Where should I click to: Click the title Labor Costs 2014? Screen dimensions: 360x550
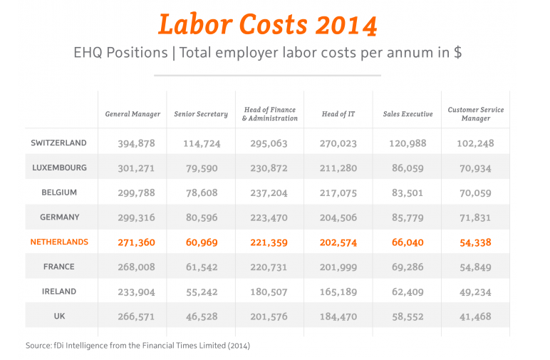(267, 24)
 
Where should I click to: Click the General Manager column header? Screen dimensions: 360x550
(133, 114)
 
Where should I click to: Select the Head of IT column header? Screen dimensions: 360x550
(338, 114)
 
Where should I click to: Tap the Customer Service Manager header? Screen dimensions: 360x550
(475, 114)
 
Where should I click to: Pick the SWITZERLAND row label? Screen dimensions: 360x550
(58, 143)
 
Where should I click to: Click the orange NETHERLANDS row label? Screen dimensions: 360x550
(59, 242)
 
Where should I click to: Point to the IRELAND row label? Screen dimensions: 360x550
(59, 292)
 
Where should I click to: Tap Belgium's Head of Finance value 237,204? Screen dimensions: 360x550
(269, 193)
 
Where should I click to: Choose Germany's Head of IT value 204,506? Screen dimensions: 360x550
(338, 217)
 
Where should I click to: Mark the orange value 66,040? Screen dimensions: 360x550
(408, 242)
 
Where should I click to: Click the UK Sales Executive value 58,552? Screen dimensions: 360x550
(408, 317)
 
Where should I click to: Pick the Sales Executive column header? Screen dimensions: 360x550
(408, 114)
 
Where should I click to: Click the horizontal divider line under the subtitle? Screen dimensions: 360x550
(267, 74)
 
